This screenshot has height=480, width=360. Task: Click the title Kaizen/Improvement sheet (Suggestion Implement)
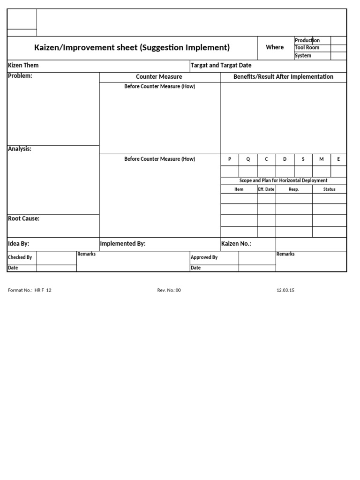coord(132,47)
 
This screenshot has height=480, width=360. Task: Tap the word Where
coord(275,47)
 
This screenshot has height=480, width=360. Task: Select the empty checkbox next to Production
coord(338,40)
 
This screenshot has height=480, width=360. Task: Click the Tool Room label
coord(307,48)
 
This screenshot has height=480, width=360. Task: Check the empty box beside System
coord(338,56)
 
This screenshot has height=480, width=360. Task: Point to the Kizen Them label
coord(23,65)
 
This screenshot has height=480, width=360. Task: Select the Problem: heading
coord(20,76)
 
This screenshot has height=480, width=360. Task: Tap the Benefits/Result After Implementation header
coord(283,77)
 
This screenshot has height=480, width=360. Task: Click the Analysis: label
coord(20,149)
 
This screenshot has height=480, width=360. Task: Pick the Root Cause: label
coord(24,218)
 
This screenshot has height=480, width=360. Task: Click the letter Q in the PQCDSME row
coord(248,159)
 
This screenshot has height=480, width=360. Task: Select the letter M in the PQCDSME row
coord(322,159)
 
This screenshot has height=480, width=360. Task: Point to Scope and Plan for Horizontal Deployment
coord(283,180)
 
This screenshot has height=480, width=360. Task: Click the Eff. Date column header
coord(266,189)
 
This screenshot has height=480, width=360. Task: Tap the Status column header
coord(329,189)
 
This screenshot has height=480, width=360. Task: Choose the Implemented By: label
coord(123,244)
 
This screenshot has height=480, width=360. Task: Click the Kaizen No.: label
coord(236,244)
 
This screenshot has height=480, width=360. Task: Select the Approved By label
coord(204,257)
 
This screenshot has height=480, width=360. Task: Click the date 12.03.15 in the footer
coord(285,290)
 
